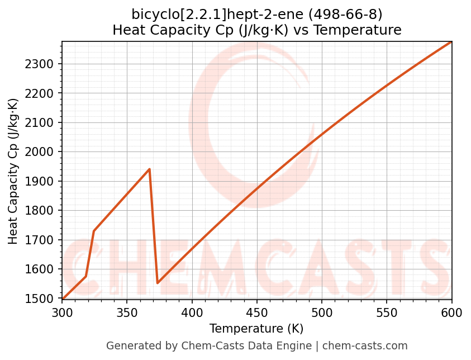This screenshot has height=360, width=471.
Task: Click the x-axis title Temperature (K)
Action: tap(256, 329)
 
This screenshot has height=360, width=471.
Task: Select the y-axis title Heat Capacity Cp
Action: tap(13, 170)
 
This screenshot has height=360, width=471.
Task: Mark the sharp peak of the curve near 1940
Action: tap(149, 169)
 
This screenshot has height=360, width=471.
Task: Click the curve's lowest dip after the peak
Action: tap(158, 283)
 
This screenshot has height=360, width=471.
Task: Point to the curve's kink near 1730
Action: tap(94, 231)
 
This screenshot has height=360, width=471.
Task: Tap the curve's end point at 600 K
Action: tap(451, 42)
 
